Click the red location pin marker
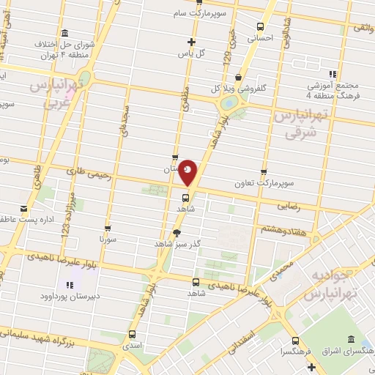click(x=188, y=172)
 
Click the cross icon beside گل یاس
click(x=192, y=42)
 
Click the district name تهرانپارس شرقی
click(x=297, y=125)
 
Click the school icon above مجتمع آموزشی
click(x=333, y=73)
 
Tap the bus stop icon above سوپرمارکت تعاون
click(x=264, y=173)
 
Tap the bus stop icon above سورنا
click(x=108, y=228)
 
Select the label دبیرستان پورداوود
click(x=69, y=297)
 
